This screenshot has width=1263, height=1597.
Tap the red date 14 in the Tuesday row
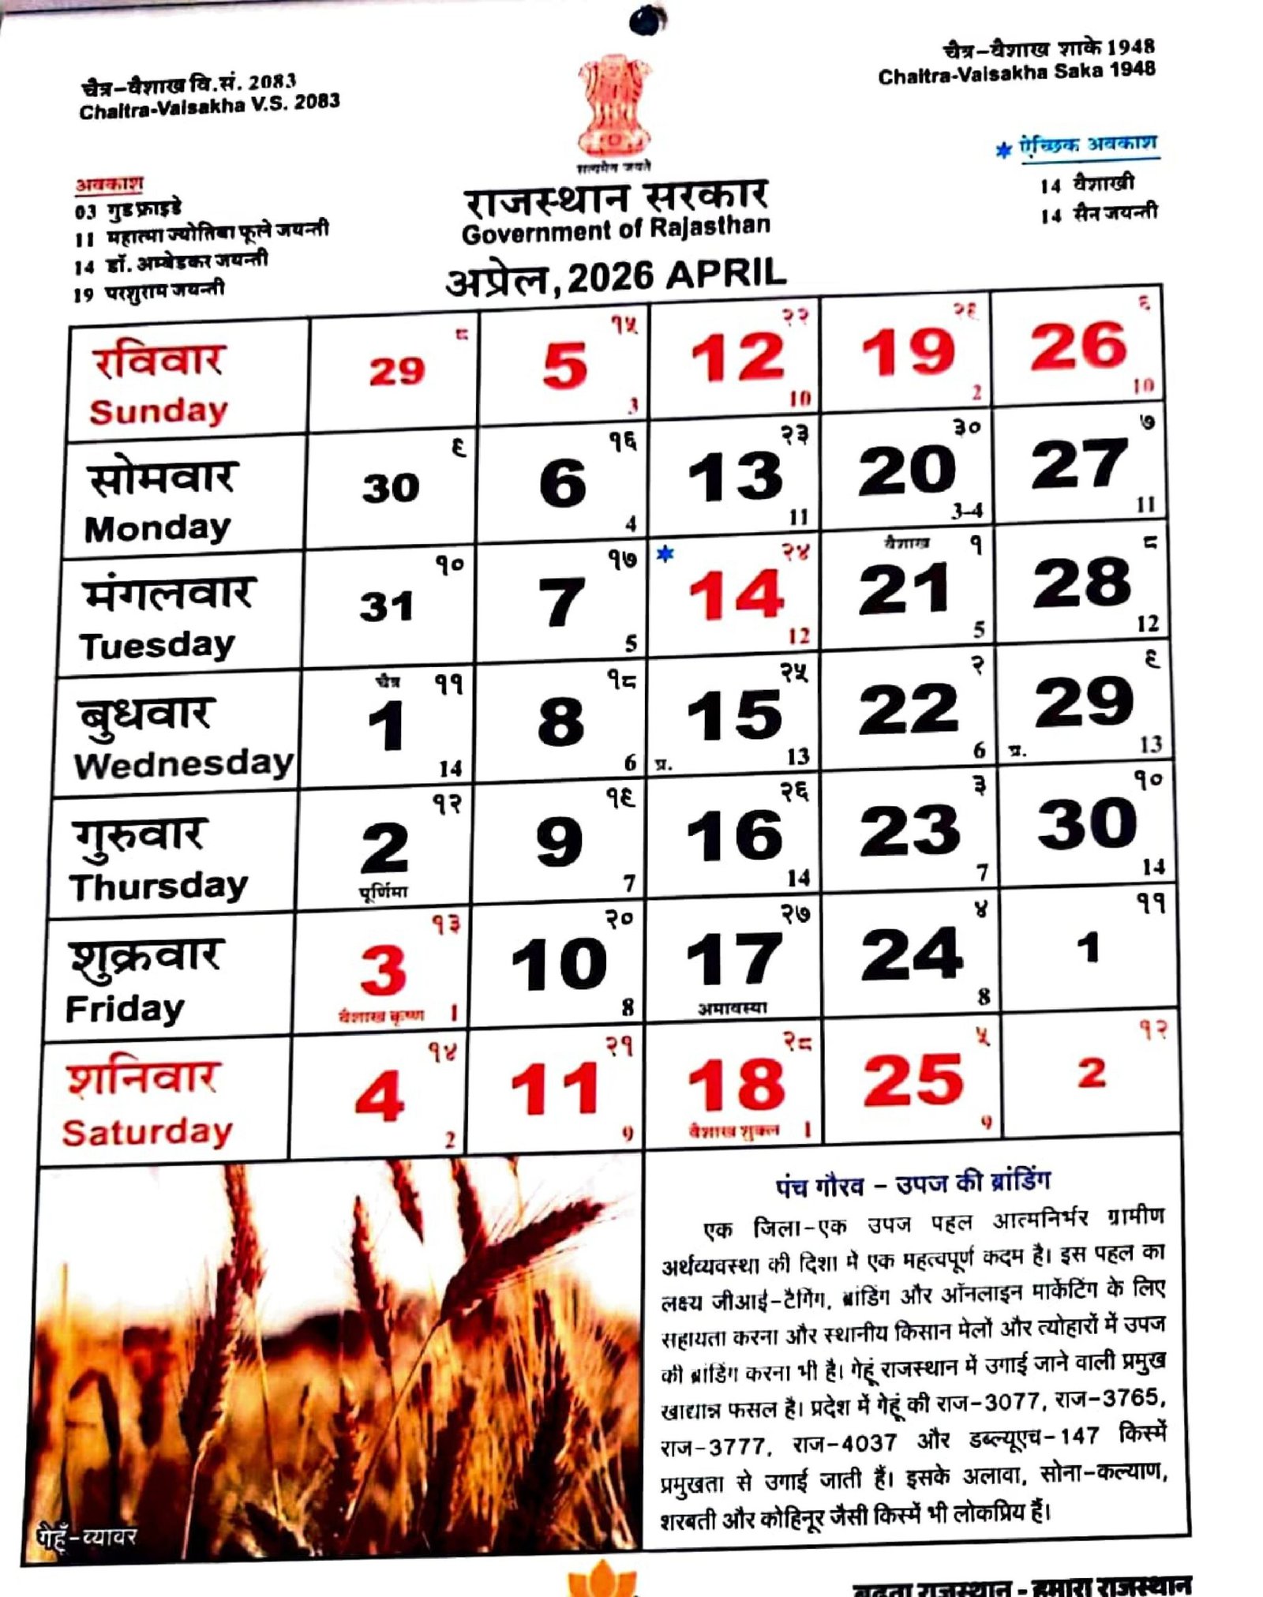736,594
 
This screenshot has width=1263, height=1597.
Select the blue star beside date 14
665,555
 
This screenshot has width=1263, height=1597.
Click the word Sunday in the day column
158,411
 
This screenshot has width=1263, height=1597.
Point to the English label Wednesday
183,764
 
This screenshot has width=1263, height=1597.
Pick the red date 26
1078,347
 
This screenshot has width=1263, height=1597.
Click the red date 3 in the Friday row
383,970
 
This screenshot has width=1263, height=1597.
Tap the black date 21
905,589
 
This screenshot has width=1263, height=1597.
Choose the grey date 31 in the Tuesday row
387,607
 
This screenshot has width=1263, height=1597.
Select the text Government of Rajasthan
616,230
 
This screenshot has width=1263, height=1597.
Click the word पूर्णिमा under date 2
383,893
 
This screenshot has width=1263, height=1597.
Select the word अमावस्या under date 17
732,1008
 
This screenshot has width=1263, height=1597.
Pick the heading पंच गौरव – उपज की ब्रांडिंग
913,1184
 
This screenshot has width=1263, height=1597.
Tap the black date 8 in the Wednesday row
560,722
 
